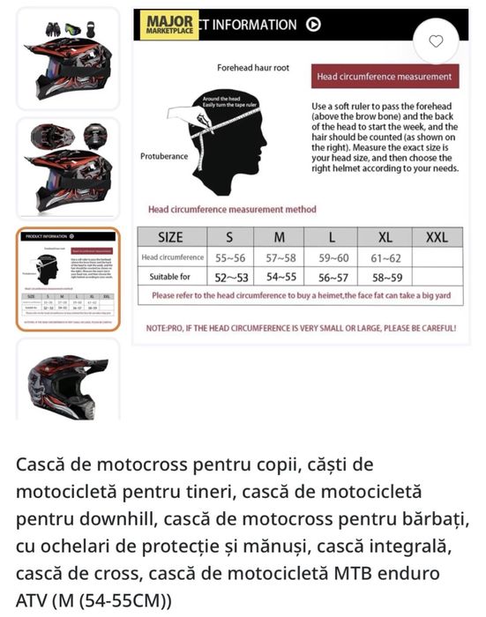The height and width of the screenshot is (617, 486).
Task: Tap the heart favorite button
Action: [x=436, y=41]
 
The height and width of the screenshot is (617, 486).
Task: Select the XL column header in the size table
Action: [x=385, y=237]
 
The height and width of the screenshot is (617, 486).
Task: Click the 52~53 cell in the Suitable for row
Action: [x=230, y=277]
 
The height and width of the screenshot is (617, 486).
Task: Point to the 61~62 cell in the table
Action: [x=385, y=257]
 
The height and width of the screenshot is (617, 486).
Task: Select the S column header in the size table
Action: [x=230, y=237]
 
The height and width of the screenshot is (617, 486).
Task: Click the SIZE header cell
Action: [x=171, y=237]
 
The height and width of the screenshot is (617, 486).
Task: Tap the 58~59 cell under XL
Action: [x=385, y=277]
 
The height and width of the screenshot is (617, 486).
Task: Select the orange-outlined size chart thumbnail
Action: [x=68, y=279]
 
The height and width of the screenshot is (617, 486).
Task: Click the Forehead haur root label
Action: [x=253, y=67]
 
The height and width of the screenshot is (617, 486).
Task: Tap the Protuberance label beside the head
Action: [x=164, y=156]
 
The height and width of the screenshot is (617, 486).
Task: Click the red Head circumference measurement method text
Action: [x=232, y=210]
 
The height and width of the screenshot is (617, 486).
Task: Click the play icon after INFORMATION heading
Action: [x=313, y=25]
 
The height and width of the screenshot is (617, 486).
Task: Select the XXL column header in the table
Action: [x=437, y=237]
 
